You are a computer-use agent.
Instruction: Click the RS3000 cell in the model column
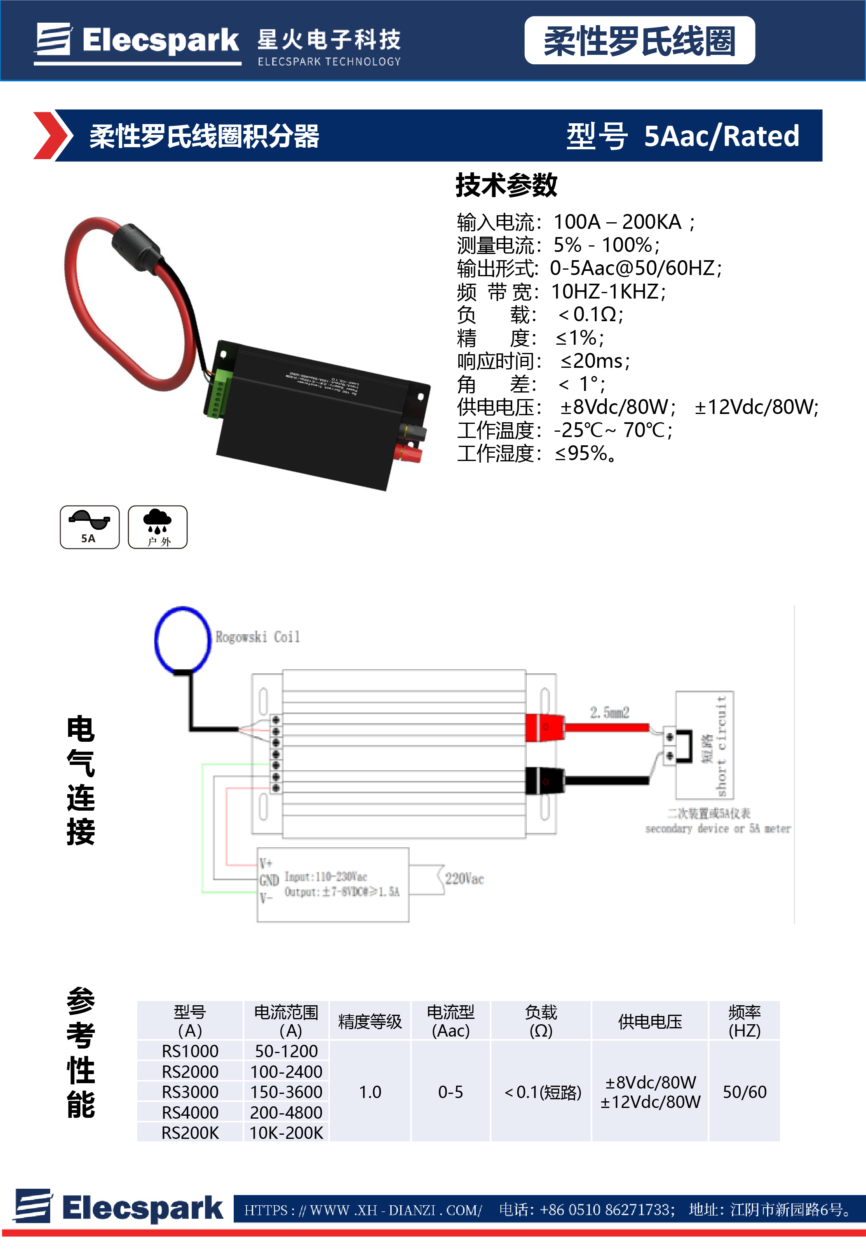[190, 1091]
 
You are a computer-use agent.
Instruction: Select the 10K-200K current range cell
[286, 1133]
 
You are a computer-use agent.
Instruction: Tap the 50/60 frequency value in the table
[744, 1091]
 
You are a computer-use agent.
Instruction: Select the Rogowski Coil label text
[257, 637]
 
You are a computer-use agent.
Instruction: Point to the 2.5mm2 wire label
[609, 712]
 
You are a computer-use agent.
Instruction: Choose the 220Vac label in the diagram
[464, 879]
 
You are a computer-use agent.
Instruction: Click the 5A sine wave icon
[89, 527]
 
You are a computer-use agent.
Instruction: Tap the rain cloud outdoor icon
[157, 527]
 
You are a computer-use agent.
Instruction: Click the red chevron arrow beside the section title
[52, 135]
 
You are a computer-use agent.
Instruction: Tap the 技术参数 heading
[506, 185]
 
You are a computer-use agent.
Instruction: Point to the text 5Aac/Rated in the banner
[721, 136]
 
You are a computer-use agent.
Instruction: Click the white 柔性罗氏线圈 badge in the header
[639, 41]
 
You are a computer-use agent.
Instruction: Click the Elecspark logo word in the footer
[142, 1208]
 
